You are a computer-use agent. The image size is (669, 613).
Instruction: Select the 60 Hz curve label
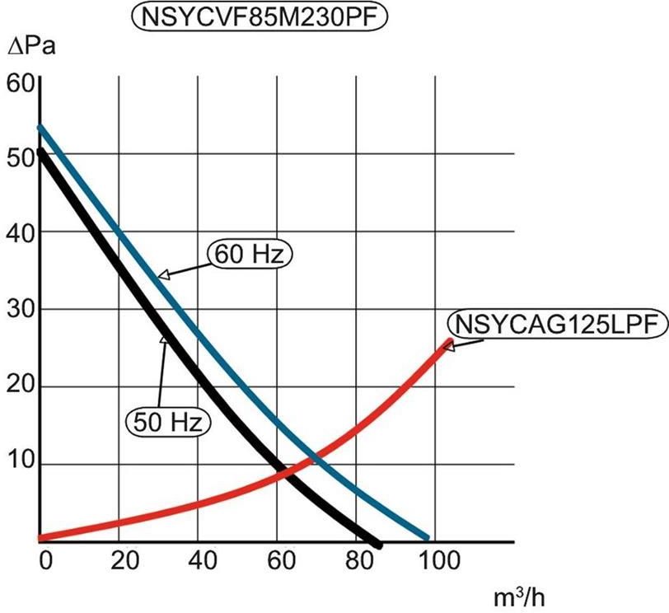(250, 255)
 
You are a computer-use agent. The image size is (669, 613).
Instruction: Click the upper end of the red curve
(449, 341)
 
